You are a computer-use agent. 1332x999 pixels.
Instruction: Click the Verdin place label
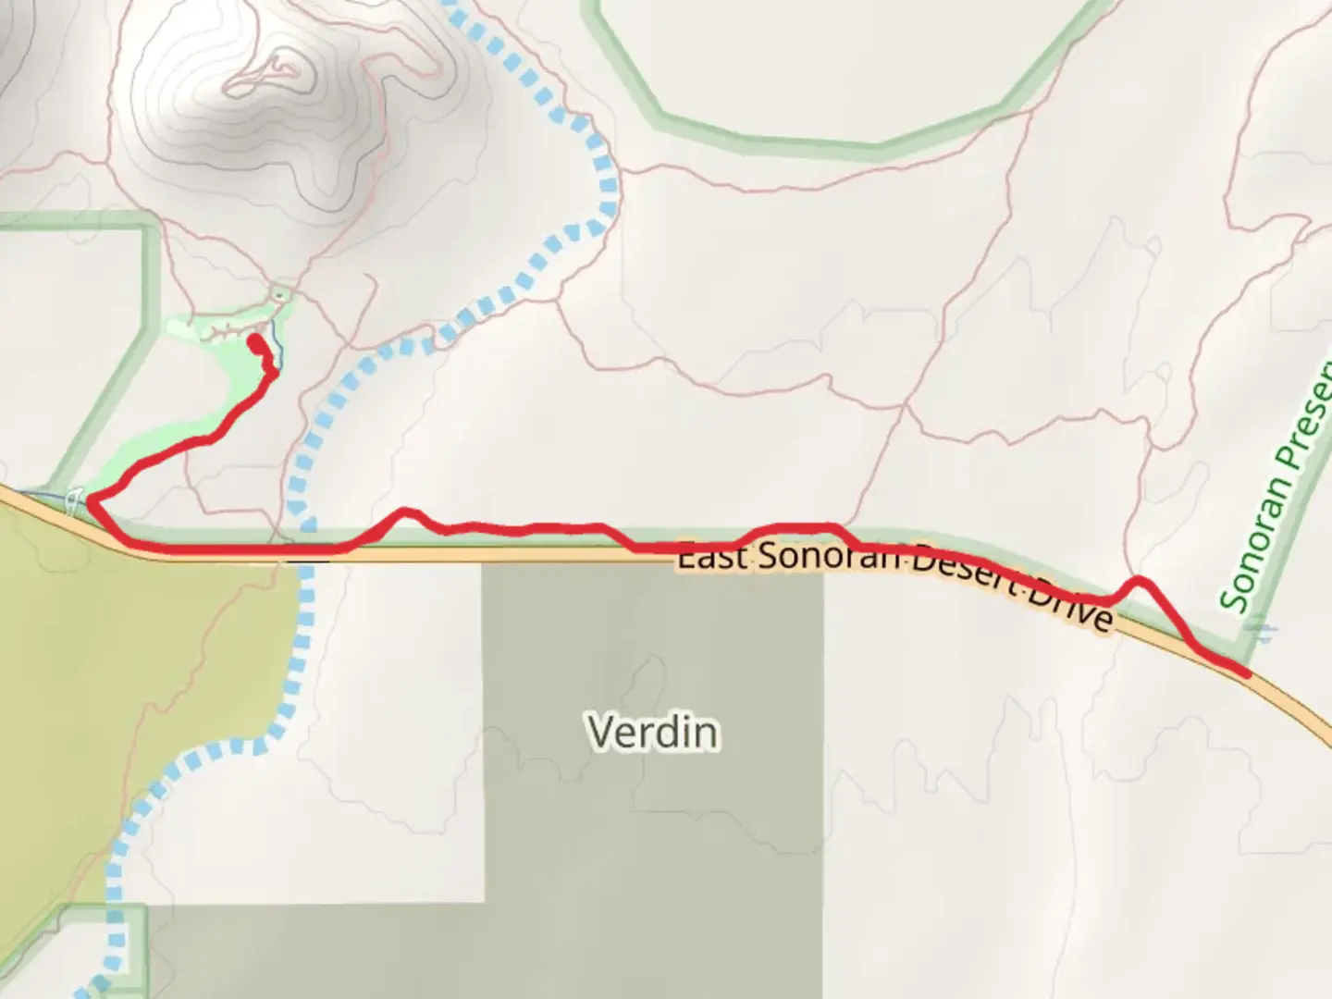click(x=653, y=732)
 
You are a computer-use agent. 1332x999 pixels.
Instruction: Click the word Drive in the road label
click(x=1073, y=603)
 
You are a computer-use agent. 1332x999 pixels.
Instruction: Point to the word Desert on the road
click(x=963, y=573)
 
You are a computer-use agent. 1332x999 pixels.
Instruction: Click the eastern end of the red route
click(x=1248, y=674)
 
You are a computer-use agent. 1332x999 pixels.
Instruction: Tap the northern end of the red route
click(x=253, y=341)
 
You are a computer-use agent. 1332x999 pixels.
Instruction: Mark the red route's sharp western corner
click(x=92, y=500)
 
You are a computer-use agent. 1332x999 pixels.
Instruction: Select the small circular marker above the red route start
click(x=279, y=294)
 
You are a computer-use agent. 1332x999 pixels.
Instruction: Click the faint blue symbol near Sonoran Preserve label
click(x=1261, y=633)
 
